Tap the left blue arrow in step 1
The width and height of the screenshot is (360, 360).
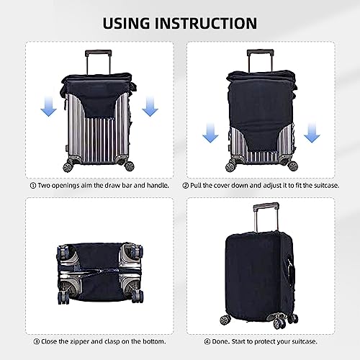coord(48,108)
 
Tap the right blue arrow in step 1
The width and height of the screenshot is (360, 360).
coord(150,108)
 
